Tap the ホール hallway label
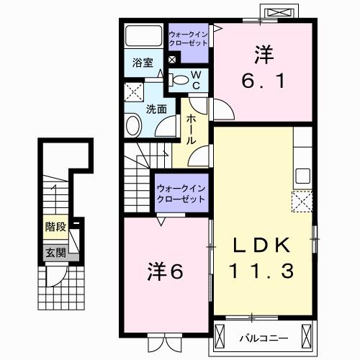(192, 130)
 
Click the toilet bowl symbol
(182, 80)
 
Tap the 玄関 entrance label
(55, 253)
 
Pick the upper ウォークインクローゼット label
(187, 37)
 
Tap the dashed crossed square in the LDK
(302, 200)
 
